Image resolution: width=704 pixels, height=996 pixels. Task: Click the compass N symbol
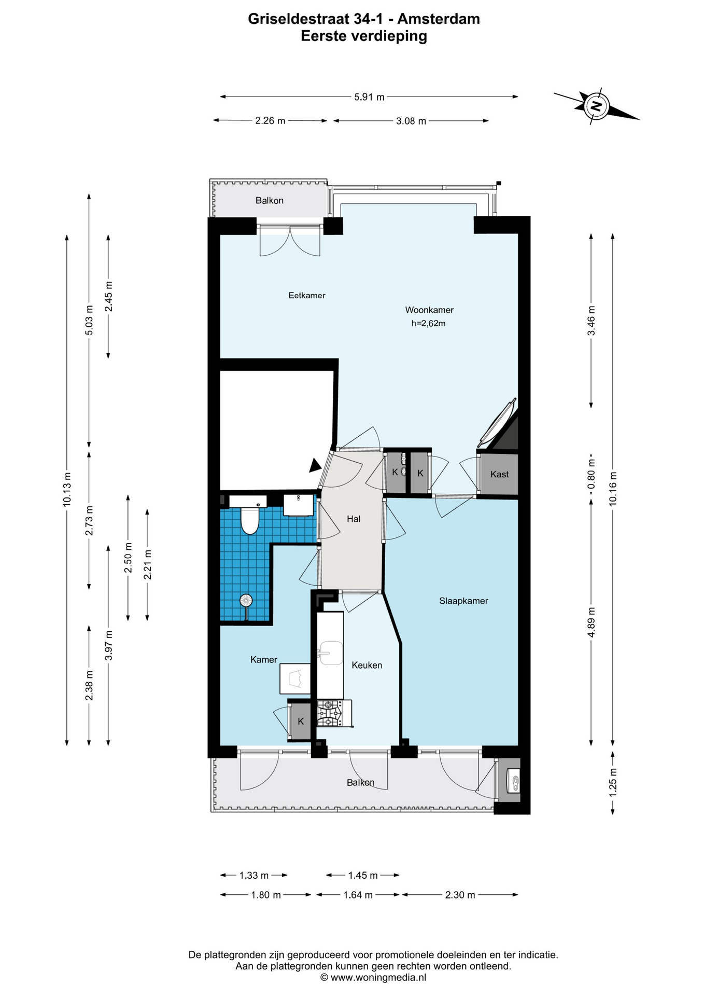597,106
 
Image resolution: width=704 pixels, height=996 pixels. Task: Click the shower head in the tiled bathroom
246,601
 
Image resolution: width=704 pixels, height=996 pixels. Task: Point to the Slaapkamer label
463,601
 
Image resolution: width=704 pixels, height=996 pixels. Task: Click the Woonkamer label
429,310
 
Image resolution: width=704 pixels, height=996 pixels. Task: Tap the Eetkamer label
307,296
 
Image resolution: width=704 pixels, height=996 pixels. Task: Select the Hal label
354,519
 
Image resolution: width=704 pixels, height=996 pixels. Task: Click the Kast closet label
499,474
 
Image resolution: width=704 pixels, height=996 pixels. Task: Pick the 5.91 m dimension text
369,97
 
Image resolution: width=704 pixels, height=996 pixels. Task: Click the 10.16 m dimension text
613,489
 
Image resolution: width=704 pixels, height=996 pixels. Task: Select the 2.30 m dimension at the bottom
460,895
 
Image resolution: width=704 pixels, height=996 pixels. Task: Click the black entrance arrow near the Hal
314,465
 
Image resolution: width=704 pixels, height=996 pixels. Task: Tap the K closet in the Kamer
301,722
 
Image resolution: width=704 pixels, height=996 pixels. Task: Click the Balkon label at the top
269,201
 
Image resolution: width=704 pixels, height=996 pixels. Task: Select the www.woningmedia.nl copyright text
373,977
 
